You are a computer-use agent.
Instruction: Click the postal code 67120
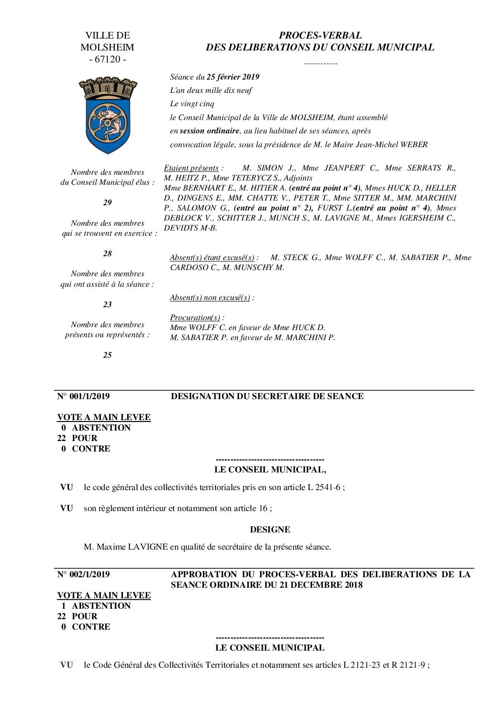click(108, 60)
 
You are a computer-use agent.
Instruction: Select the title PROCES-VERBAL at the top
click(320, 35)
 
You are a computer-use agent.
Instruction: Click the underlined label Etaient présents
click(191, 168)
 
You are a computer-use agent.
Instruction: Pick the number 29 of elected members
click(108, 202)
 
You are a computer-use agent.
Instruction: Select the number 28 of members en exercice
click(108, 253)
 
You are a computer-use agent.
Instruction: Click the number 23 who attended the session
click(108, 304)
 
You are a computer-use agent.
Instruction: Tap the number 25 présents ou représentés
click(108, 355)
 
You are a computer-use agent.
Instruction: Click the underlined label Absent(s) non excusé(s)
click(210, 298)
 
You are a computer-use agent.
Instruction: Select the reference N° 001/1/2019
click(83, 396)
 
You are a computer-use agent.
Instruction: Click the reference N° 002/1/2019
click(83, 574)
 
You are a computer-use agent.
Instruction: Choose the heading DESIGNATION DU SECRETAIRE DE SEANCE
click(267, 396)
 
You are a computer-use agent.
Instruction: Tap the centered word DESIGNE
click(270, 530)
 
